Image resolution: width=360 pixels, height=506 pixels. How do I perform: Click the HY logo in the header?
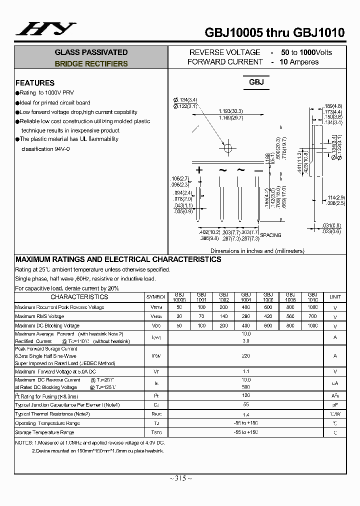[x=45, y=29]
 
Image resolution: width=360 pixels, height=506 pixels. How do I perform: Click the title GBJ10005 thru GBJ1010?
[x=274, y=33]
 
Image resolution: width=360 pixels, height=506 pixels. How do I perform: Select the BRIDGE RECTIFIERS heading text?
[x=91, y=64]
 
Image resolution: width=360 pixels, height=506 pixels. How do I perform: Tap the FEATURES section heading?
[x=35, y=83]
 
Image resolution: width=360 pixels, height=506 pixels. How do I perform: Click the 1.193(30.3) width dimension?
[x=230, y=111]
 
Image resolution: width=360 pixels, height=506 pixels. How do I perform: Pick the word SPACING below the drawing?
[x=270, y=235]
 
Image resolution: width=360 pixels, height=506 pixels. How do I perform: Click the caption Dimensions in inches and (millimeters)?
[x=257, y=251]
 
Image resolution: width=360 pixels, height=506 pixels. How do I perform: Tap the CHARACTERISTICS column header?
[x=79, y=297]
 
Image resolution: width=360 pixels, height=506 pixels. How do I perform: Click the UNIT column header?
[x=335, y=297]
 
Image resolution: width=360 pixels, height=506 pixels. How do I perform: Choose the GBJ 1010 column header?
[x=312, y=297]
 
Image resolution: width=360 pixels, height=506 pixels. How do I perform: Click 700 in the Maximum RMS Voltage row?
[x=312, y=316]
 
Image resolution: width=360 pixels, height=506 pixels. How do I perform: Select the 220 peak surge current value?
[x=246, y=356]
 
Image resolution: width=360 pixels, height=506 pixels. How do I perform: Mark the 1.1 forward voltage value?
[x=246, y=371]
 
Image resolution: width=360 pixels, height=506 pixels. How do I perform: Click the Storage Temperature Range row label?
[x=44, y=432]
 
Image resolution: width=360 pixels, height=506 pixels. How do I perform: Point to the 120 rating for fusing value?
[x=246, y=395]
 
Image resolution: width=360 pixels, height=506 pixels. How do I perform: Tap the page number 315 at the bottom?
[x=180, y=478]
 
